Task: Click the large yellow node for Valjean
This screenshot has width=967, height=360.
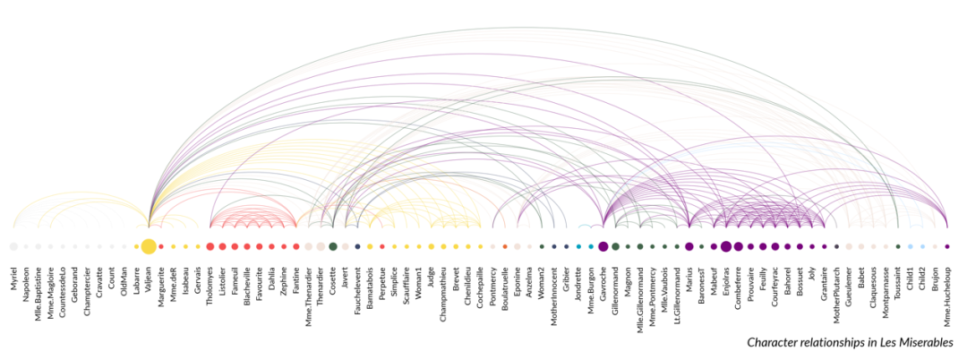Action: coord(148,246)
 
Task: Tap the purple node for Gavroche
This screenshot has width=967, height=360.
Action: coord(603,246)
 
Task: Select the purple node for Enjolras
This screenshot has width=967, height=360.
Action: coord(725,246)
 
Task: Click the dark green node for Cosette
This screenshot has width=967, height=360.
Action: coord(333,246)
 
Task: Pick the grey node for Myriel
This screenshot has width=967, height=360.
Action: coord(13,246)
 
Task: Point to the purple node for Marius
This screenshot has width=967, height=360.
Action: coord(689,246)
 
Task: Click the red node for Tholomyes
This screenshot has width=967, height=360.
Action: coord(210,246)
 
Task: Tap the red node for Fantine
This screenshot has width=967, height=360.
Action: coord(296,246)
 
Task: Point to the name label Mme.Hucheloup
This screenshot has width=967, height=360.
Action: coord(947,291)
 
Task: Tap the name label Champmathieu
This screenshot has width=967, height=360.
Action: coord(443,290)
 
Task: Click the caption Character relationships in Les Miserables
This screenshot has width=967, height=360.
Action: coord(838,342)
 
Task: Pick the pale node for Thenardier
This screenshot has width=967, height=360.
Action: coord(321,246)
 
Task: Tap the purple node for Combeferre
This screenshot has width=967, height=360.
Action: coord(738,246)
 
